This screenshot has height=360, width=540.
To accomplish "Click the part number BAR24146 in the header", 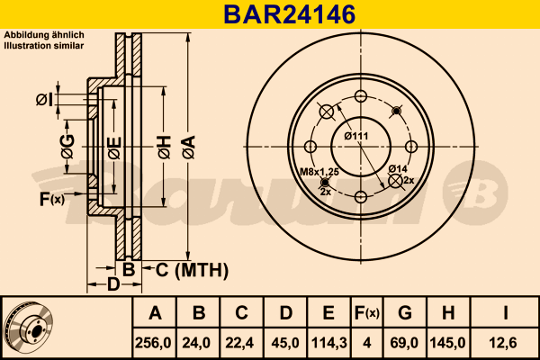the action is pos(289,14).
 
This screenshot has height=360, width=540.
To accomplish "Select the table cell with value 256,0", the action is pos(153,343).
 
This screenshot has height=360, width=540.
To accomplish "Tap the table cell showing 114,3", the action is pos(328,343).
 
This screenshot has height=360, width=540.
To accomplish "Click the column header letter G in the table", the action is pos(405,313).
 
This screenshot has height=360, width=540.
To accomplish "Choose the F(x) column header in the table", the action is pos(367,313).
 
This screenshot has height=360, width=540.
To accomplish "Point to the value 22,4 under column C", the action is pos(239,343).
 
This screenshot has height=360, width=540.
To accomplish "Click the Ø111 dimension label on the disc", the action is pos(356,136).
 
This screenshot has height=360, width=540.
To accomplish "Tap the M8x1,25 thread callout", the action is pos(319,172).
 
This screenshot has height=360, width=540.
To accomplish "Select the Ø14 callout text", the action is pos(398,169).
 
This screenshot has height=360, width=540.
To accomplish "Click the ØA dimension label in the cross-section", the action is pos(189,147).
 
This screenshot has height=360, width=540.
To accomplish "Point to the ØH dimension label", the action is pos(165,147).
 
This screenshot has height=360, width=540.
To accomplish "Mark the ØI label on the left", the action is pos(45,100).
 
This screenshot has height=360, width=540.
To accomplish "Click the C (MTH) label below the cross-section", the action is pos(192,270).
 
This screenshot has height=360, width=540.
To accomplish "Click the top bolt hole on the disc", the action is pos(361,96).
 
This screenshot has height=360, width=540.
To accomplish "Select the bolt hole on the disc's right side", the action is pos(411,147).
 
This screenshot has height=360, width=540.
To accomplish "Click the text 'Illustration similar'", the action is pos(44,46).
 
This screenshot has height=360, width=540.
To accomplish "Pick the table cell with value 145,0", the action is pos(447,343).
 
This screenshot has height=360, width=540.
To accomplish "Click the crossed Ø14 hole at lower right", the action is pos(395,181).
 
